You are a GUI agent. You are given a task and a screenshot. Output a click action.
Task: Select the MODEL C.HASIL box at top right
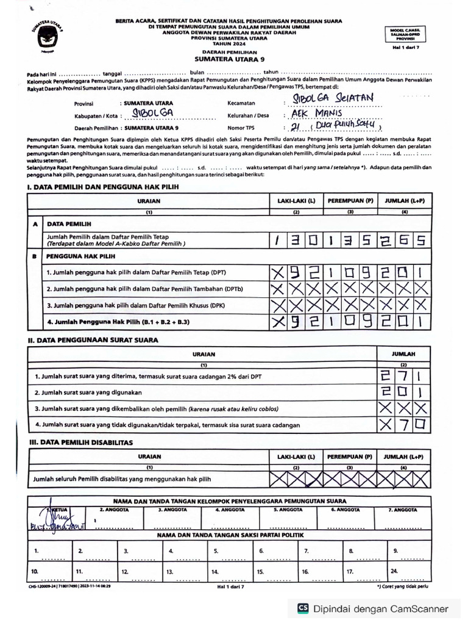click(408, 33)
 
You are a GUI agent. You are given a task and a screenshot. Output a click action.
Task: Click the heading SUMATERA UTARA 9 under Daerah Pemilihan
click(222, 60)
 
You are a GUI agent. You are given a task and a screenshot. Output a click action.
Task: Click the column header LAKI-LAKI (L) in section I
click(296, 200)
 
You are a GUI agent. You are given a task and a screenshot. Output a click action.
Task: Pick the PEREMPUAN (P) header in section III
click(350, 456)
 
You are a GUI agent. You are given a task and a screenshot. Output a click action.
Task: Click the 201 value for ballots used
click(403, 392)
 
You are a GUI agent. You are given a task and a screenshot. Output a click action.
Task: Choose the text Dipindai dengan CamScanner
click(381, 609)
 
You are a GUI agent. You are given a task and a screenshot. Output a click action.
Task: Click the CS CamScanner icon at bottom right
click(302, 609)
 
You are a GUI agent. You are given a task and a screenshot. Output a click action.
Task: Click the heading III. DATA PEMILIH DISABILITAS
click(81, 441)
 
